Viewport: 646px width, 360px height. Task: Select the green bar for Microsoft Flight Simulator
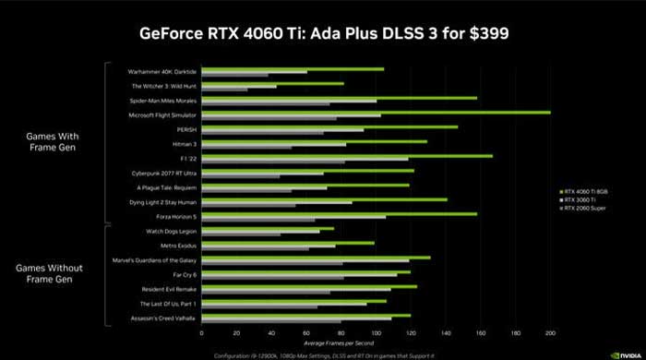(376, 112)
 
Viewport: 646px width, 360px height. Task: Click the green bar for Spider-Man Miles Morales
(339, 97)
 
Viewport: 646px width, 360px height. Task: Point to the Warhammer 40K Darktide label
(163, 71)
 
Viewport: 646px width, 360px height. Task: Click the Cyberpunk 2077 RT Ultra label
(165, 173)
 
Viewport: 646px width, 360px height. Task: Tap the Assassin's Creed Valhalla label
(164, 318)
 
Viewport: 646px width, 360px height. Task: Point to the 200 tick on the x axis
(551, 333)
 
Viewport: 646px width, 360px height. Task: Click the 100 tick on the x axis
(377, 333)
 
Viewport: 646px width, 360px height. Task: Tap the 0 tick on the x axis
(202, 333)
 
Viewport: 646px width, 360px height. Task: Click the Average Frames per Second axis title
(377, 342)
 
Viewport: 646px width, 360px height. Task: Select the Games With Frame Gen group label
(52, 139)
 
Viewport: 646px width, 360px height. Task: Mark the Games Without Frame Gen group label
(52, 273)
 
